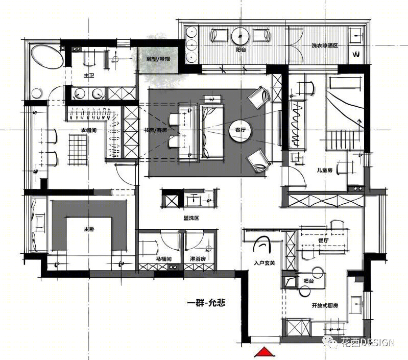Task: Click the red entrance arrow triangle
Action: click(x=265, y=351)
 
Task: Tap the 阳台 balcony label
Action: click(x=241, y=50)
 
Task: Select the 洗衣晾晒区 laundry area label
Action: click(x=325, y=45)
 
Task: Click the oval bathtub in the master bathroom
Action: click(x=47, y=57)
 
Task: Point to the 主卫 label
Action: click(x=89, y=76)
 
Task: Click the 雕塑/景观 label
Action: click(x=158, y=59)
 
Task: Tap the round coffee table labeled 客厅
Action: click(x=241, y=130)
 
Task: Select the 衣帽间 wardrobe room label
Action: click(x=88, y=130)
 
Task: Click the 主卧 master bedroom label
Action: click(x=89, y=229)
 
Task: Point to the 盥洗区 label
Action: click(x=191, y=218)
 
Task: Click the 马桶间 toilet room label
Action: click(x=164, y=259)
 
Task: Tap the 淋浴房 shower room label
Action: click(x=198, y=259)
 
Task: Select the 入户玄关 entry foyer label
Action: click(x=265, y=263)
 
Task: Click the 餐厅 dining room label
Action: click(x=323, y=241)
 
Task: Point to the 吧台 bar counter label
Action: click(x=308, y=281)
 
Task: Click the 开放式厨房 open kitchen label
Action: click(x=325, y=305)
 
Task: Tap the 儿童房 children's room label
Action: click(x=324, y=171)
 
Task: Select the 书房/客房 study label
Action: click(x=156, y=130)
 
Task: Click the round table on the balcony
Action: click(x=240, y=36)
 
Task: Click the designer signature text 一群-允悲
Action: click(x=206, y=303)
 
